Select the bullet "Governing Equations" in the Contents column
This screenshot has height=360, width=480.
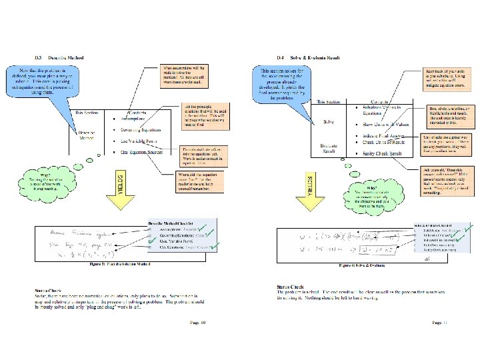point(142,131)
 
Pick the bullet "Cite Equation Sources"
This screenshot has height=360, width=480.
point(144,153)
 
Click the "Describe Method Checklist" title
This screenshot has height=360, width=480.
point(169,222)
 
